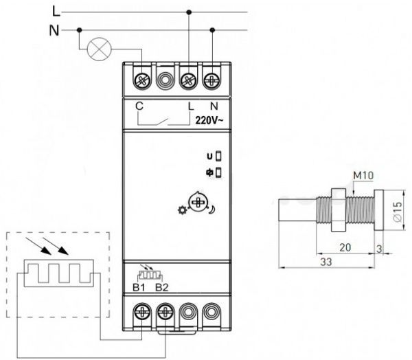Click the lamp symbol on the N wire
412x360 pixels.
click(100, 49)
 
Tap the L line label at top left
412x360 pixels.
click(56, 12)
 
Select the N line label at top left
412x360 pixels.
click(54, 30)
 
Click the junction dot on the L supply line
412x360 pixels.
click(189, 12)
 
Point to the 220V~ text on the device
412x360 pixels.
click(209, 120)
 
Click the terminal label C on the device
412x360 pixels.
click(139, 106)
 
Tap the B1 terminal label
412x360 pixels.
click(139, 287)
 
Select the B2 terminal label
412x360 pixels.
click(162, 287)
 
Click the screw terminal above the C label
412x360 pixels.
click(142, 80)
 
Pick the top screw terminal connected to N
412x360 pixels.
click(211, 80)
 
